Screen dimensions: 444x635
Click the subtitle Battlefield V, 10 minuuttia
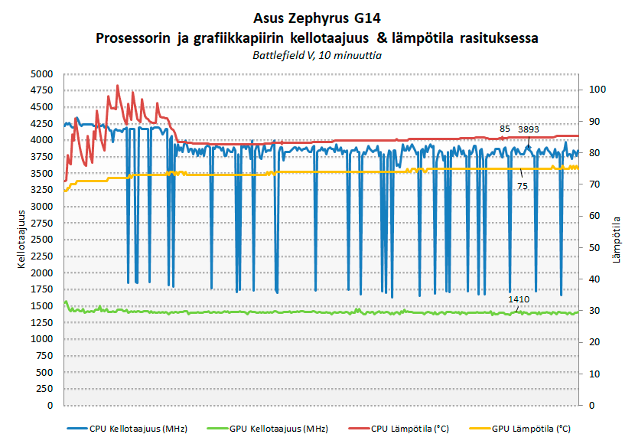coord(317,55)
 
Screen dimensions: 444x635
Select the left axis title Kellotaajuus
coord(22,239)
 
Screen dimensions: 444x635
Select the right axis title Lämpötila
coord(616,240)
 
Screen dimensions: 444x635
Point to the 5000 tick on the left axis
coord(42,74)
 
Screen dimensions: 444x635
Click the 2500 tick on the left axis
coord(42,240)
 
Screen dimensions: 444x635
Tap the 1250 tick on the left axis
coord(42,322)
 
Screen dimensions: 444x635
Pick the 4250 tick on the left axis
coord(42,123)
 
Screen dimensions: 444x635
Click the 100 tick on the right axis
coord(597,90)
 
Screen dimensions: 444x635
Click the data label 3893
coord(529,129)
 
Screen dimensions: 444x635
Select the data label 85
coord(504,129)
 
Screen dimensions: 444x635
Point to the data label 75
coord(523,186)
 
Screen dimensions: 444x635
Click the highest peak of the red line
coord(117,86)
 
